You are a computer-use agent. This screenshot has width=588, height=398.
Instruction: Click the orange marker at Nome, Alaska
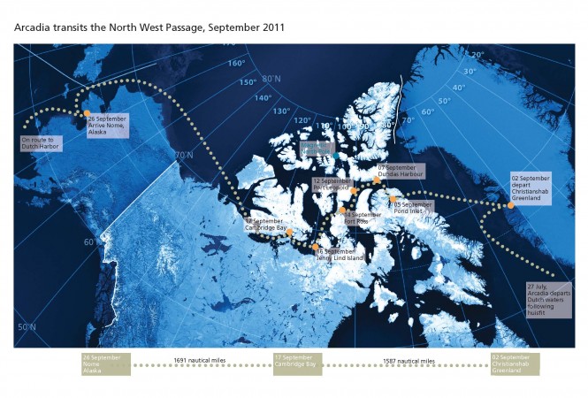click(x=87, y=113)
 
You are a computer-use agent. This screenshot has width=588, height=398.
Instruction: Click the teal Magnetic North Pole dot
click(x=336, y=157)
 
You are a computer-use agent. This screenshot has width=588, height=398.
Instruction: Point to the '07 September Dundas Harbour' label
click(x=397, y=171)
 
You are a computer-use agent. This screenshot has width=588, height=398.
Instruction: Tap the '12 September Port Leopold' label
click(x=332, y=184)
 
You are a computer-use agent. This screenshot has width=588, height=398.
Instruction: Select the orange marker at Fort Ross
click(x=343, y=210)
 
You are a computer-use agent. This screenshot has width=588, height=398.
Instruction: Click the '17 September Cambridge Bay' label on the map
click(x=266, y=225)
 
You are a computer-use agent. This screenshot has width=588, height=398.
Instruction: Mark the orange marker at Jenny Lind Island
click(x=315, y=245)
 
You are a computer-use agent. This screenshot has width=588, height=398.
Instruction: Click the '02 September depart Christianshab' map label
click(x=531, y=188)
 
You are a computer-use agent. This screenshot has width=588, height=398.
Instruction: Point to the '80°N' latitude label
click(x=272, y=80)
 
